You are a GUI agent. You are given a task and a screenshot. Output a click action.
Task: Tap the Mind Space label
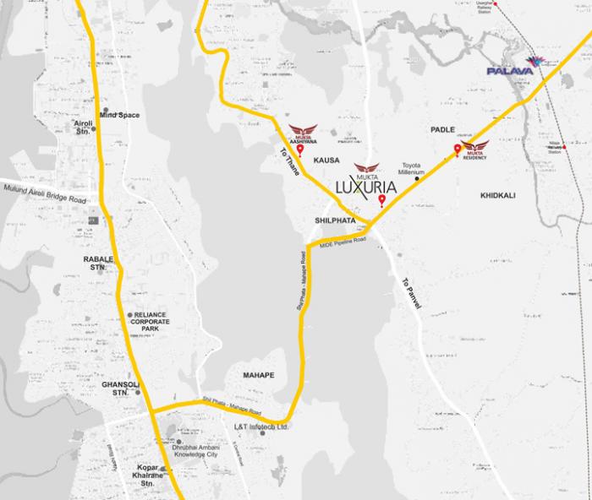[119, 114]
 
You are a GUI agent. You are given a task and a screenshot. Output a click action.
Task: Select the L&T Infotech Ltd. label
[261, 427]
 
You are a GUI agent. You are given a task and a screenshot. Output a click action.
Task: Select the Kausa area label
[326, 160]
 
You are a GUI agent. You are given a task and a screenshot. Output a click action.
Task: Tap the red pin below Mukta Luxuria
[381, 200]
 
